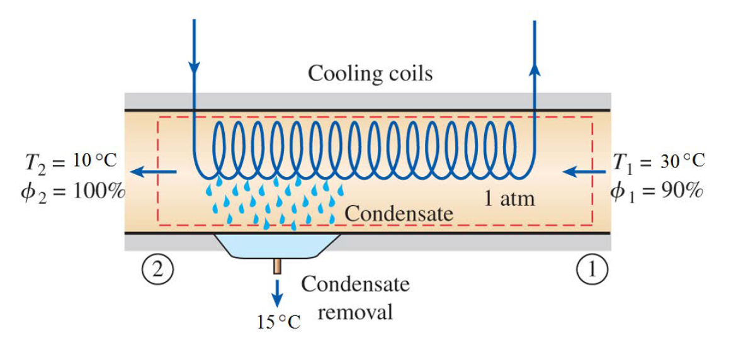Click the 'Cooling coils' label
point(370,74)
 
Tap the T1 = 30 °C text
point(659,161)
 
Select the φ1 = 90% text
point(656,189)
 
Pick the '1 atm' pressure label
point(509,199)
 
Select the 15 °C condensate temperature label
point(278,322)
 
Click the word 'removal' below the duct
point(355,312)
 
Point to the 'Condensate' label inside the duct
point(399,214)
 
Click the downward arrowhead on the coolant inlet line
point(194,66)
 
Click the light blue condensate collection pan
point(277,245)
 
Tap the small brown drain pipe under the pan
point(277,267)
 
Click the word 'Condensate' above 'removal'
point(355,284)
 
